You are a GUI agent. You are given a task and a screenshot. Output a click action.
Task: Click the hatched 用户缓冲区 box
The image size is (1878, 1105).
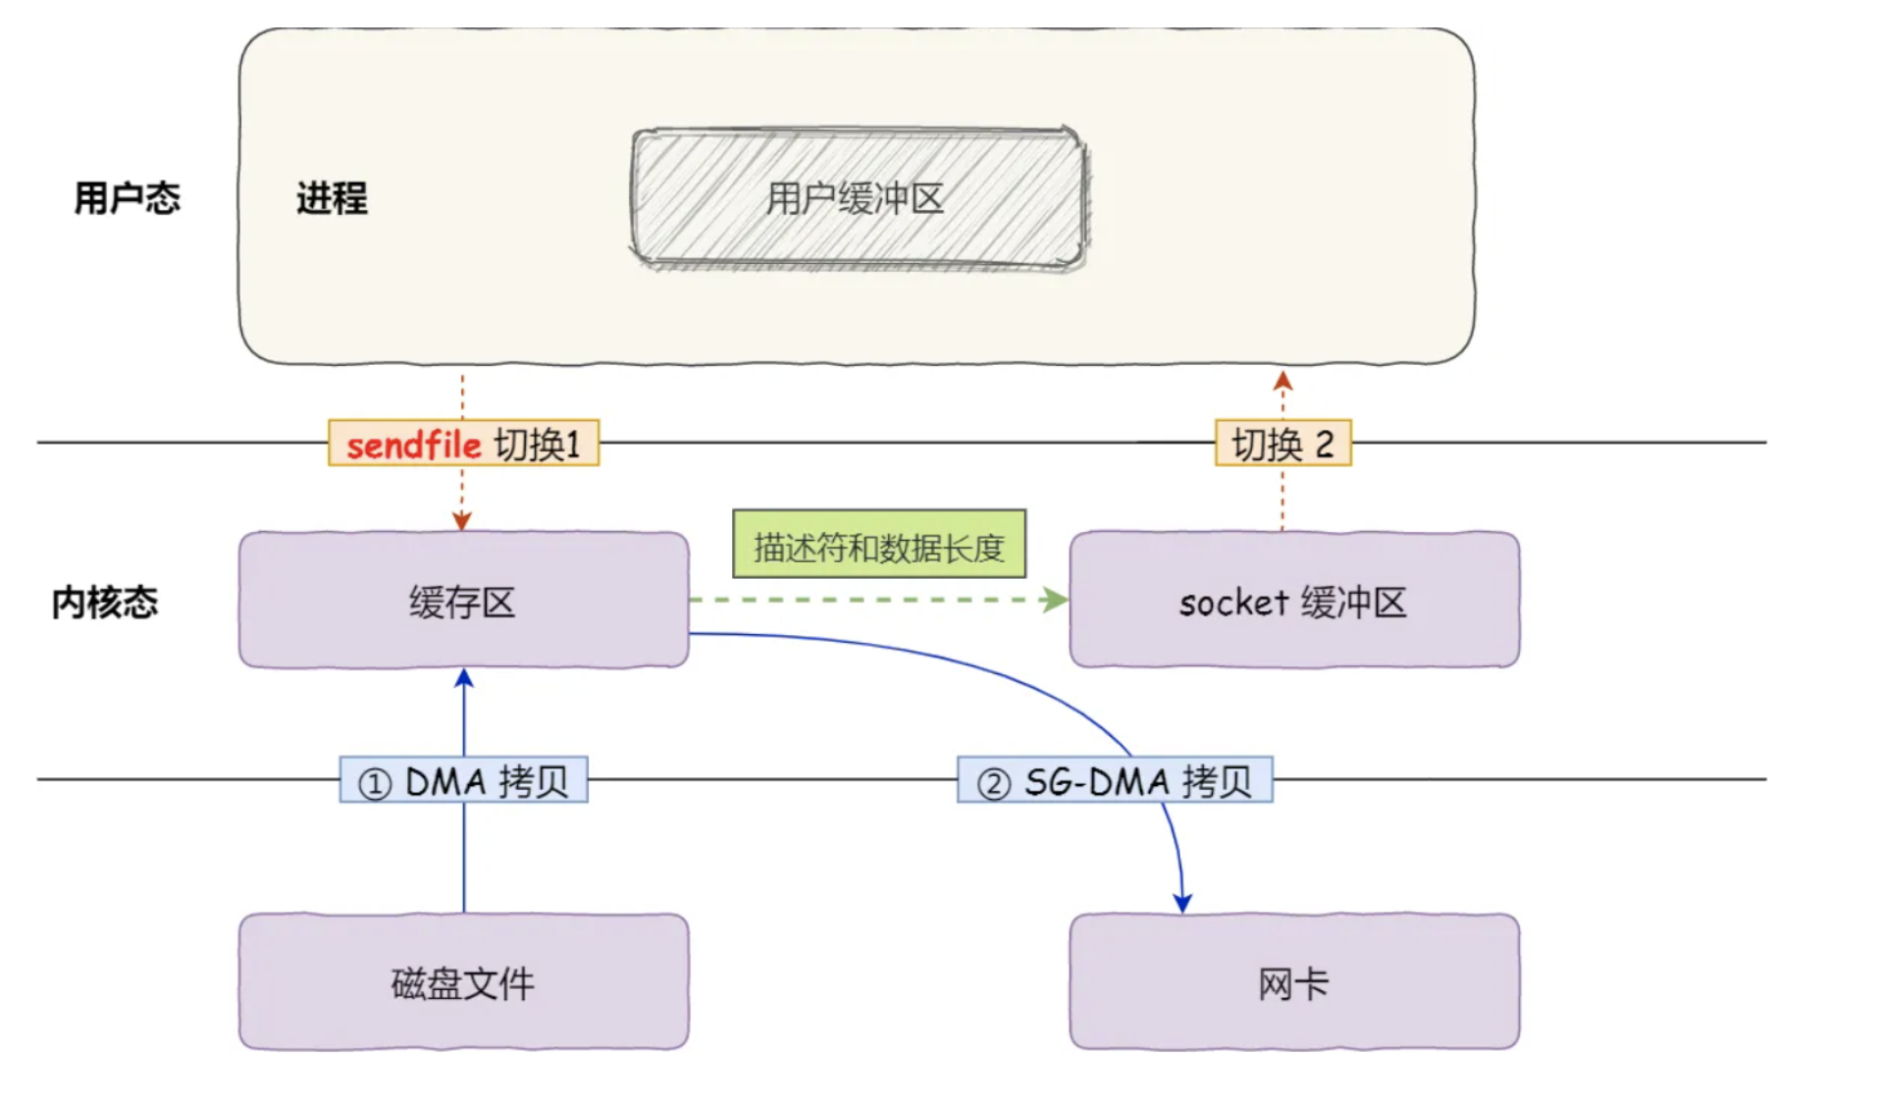coord(858,198)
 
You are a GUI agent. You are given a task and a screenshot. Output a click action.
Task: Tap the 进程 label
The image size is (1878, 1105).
coord(332,198)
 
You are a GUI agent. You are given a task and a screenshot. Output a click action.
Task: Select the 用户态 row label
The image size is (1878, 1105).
coord(127,198)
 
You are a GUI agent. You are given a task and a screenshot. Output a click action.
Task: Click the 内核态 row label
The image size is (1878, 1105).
coord(105,602)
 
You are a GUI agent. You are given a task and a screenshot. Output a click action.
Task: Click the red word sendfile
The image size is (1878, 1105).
coord(413,445)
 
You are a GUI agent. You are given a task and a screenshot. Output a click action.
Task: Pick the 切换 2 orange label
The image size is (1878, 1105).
coord(1282,444)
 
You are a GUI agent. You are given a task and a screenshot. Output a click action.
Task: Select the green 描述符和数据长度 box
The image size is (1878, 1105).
coord(878,545)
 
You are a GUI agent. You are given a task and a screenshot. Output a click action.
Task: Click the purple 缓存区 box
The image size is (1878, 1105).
coord(463,601)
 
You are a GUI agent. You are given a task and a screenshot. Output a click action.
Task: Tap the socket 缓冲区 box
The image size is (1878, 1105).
coord(1293,601)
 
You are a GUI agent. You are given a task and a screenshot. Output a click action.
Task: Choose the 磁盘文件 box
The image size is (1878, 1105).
coord(463,982)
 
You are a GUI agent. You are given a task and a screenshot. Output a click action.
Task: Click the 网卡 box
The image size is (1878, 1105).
coord(1293,982)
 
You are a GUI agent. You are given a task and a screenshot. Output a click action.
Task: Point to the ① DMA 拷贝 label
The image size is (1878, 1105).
coord(463,781)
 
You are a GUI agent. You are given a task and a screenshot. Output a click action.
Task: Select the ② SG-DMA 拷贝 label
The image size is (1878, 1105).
coord(1115,781)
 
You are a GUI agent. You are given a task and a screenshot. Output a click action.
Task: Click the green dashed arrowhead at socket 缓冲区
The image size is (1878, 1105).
coord(1057,599)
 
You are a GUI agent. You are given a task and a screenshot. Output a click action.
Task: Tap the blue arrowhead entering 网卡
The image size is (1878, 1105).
coord(1182,903)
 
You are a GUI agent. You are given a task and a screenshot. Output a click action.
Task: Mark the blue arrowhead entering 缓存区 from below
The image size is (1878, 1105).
coord(464,678)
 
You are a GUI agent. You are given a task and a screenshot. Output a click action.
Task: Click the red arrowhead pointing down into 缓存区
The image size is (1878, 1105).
coord(462,521)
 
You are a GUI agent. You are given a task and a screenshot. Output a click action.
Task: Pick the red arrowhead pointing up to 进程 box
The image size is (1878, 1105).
coord(1282,381)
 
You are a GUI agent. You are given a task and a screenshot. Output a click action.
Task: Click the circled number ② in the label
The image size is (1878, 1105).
coord(993,784)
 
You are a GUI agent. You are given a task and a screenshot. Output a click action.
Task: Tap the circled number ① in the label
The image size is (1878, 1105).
coord(374,784)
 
